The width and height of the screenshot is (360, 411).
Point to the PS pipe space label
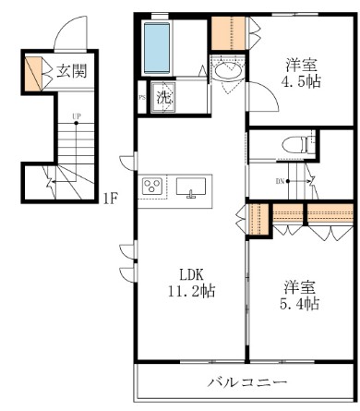tap(142, 95)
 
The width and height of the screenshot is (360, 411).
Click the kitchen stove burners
tap(152, 187)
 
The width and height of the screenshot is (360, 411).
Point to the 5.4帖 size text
tap(301, 303)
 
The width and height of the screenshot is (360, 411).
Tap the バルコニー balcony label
tap(246, 381)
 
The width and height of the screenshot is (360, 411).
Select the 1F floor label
tap(110, 197)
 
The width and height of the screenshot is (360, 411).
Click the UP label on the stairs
tap(76, 117)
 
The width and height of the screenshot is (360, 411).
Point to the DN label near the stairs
tap(280, 181)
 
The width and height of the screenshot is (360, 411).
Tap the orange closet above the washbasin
tap(222, 32)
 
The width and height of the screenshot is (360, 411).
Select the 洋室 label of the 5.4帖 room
tap(301, 285)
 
